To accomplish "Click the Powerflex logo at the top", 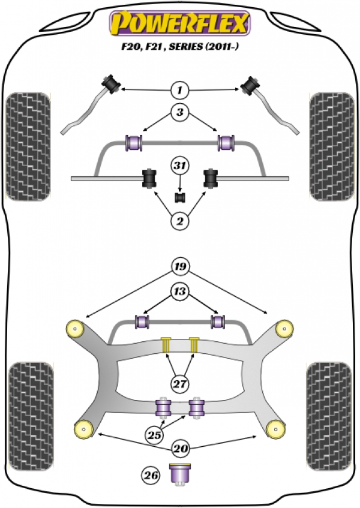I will pos(179,23).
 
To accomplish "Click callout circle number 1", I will pos(179,91).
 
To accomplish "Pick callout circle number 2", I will pos(179,222).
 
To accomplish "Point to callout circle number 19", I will pos(179,266).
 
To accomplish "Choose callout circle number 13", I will pos(179,293).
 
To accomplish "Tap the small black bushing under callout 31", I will pos(179,196).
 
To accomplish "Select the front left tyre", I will pos(28,146).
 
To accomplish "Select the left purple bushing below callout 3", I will pos(134,143).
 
